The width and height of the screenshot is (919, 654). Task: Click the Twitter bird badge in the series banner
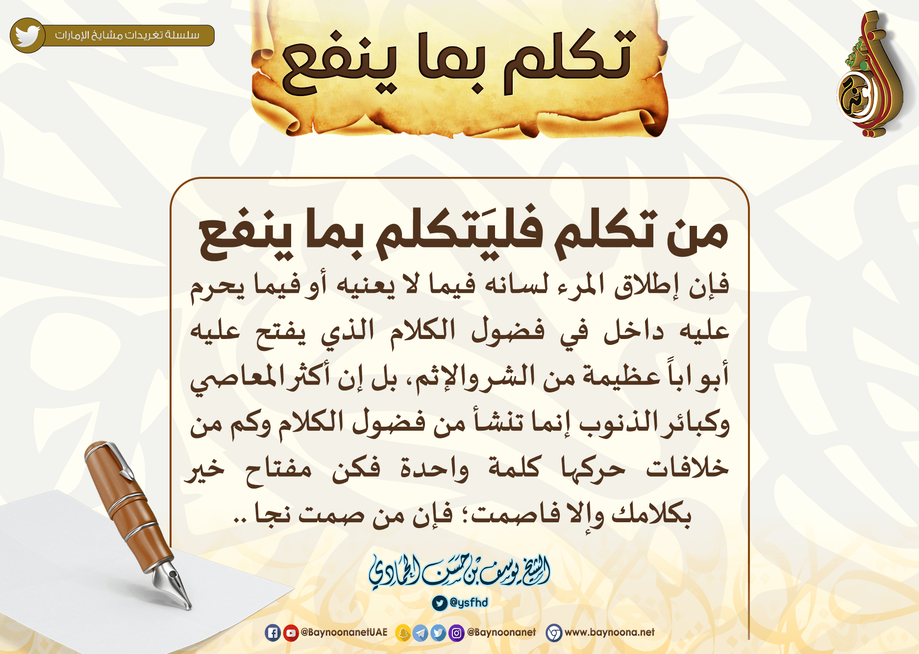tap(28, 35)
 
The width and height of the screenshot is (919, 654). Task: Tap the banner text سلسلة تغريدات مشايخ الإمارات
tap(127, 35)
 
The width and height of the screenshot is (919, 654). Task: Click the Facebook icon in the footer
tap(273, 633)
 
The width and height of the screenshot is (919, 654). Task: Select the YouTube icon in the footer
tap(291, 633)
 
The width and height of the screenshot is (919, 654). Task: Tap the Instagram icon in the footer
tap(456, 633)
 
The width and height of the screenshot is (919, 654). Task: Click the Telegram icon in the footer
tap(421, 633)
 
